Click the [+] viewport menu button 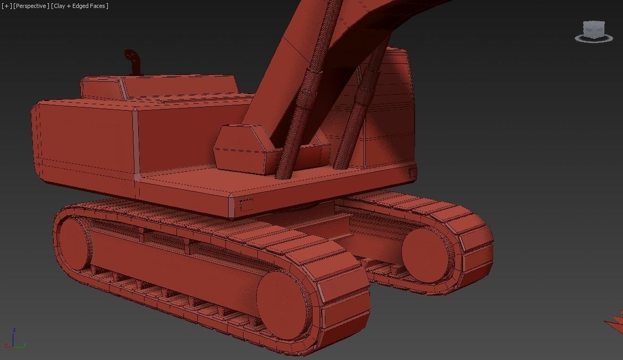[x=6, y=6]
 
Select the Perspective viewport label [x=31, y=6]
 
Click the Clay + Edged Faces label [x=80, y=6]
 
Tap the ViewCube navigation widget [x=594, y=31]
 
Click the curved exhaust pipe [x=133, y=61]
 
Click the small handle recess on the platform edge [x=247, y=204]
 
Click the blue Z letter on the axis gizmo [x=14, y=330]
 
